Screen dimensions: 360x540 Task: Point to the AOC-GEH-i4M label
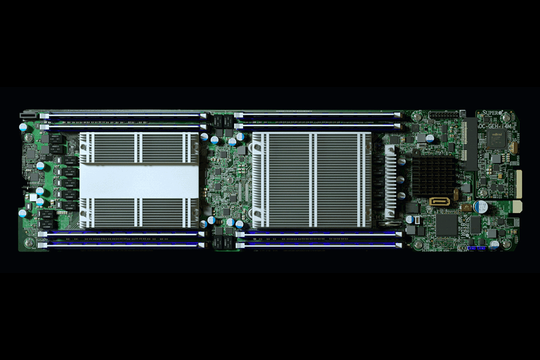click(x=494, y=127)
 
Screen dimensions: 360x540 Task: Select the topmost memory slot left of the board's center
click(x=120, y=114)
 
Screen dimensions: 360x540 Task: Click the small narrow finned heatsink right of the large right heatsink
click(x=390, y=180)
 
